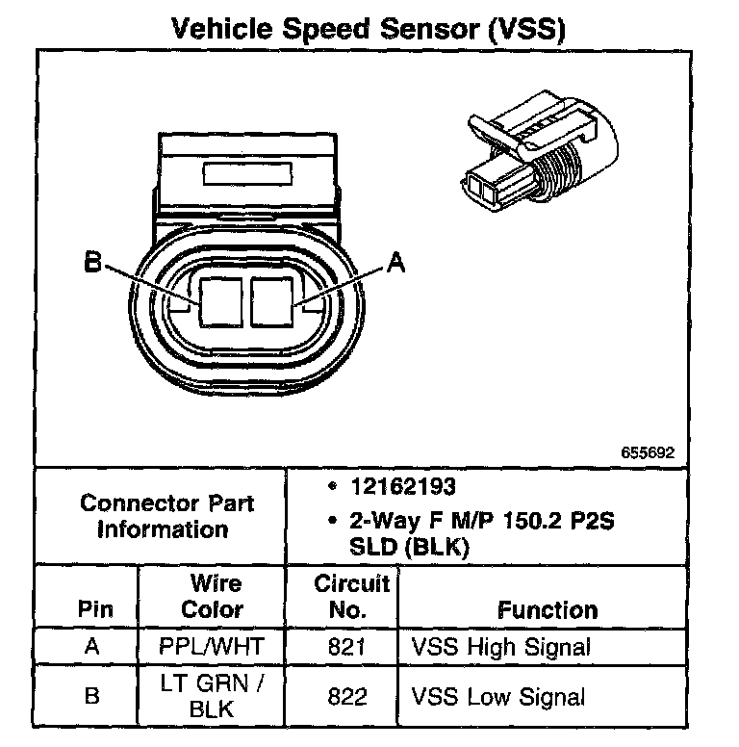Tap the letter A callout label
coord(395,263)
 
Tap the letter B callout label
coord(92,262)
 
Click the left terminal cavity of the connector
coord(220,299)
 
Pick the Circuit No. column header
coord(352,597)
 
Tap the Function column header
coord(547,610)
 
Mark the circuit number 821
coord(346,646)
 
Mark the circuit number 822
coord(346,696)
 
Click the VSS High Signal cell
coord(500,646)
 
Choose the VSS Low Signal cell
coord(498,696)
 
